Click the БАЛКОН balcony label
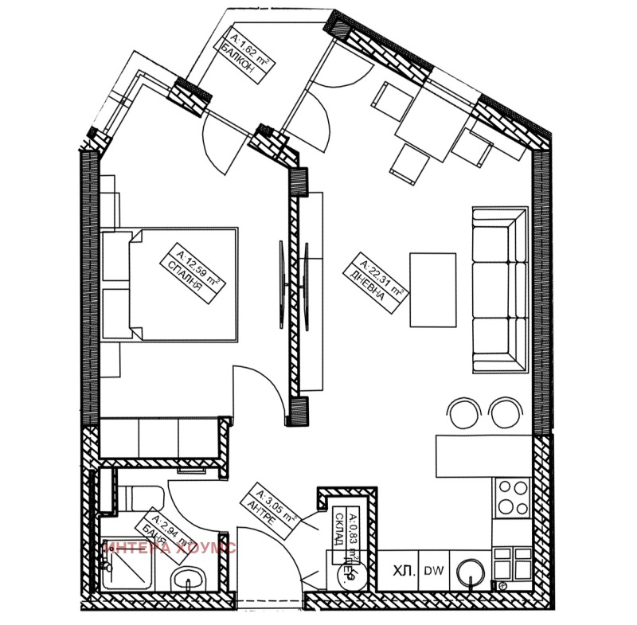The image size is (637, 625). pos(243,56)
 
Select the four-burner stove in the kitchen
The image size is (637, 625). pos(512,498)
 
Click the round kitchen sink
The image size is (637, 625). pos(471,570)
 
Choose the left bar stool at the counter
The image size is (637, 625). pos(464,412)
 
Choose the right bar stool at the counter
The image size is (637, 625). pos(502,412)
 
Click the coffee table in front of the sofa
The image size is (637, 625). pos(432,289)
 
